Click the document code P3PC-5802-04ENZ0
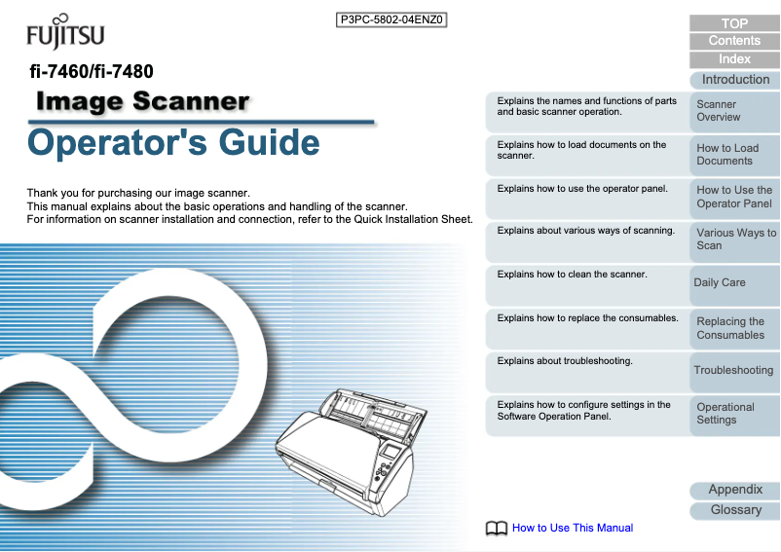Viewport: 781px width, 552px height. click(390, 19)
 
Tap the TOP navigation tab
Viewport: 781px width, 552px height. click(734, 23)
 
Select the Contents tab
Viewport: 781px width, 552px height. click(734, 41)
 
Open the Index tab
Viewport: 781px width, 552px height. click(734, 59)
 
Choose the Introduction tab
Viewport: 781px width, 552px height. click(734, 80)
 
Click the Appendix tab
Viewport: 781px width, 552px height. click(734, 490)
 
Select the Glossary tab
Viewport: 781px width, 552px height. click(734, 510)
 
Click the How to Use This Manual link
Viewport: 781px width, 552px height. click(573, 529)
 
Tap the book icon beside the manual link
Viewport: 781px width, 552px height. click(497, 529)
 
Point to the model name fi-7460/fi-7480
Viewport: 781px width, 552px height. click(91, 71)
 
